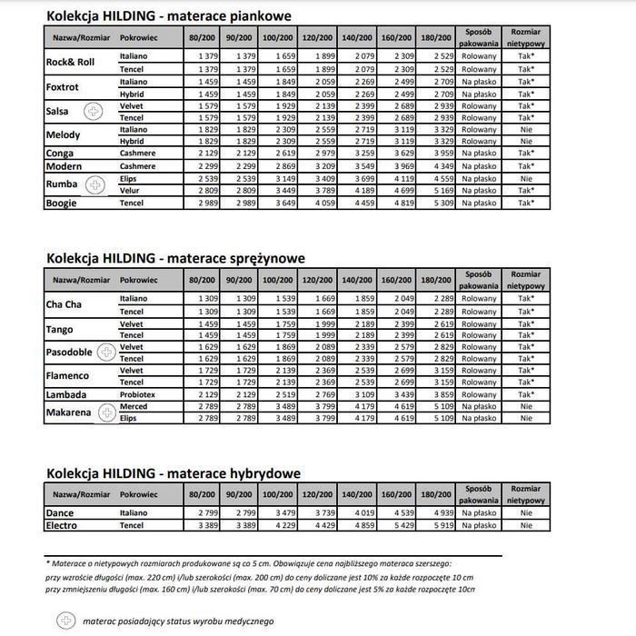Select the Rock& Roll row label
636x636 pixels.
coord(70,63)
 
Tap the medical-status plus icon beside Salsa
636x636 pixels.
coord(94,112)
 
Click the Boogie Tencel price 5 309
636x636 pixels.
coord(443,204)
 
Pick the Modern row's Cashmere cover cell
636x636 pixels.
coord(137,166)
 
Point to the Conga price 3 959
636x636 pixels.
coord(443,154)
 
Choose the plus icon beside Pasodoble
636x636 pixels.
coord(106,353)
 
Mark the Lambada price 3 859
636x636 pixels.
coord(443,395)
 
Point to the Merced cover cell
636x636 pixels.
coord(134,407)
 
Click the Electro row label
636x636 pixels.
coord(61,525)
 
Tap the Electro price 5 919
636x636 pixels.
coord(443,525)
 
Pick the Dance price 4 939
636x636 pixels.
coord(443,513)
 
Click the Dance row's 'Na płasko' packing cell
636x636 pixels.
coord(479,513)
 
